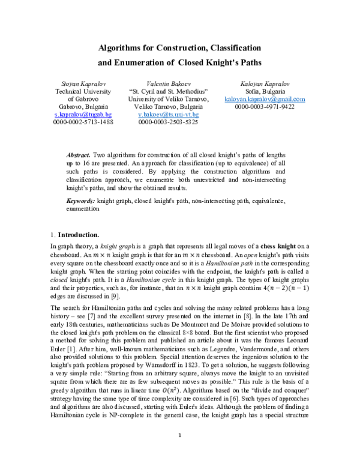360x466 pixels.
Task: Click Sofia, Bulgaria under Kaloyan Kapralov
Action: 265,90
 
